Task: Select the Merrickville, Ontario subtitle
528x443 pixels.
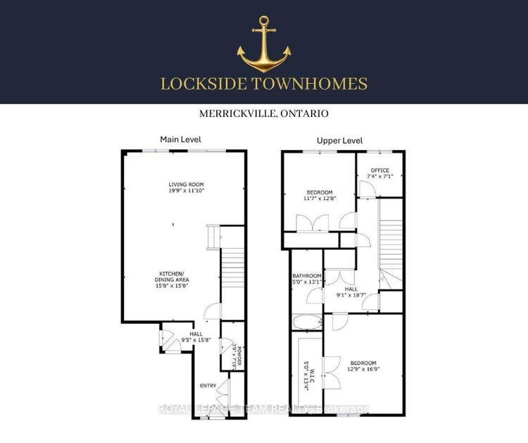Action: pos(264,113)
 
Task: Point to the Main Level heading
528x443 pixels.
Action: pos(180,139)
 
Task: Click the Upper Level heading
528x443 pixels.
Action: pos(339,140)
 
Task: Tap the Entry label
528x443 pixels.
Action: pos(208,385)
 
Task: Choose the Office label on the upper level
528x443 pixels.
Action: pos(380,170)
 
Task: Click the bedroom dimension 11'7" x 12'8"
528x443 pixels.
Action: pos(321,198)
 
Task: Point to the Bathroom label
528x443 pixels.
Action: pos(307,275)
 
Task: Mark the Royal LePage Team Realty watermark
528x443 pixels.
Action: pos(264,409)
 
